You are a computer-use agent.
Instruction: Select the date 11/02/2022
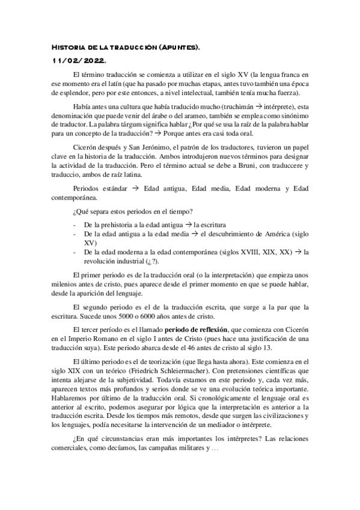tap(78, 61)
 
